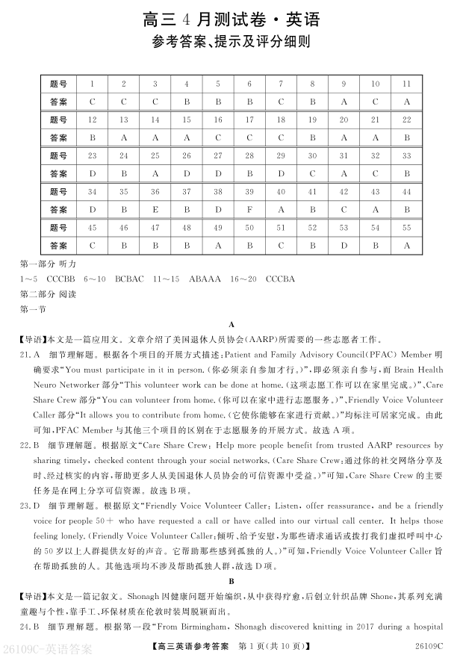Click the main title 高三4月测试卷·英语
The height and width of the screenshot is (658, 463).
[x=231, y=19]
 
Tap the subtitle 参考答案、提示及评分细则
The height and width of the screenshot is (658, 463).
[x=231, y=43]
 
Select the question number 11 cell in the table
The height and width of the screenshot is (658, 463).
[x=407, y=84]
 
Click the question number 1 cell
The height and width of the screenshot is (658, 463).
[x=92, y=84]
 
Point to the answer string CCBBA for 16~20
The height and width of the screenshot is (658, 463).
[x=280, y=279]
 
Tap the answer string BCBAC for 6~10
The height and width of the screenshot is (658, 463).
[x=129, y=279]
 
